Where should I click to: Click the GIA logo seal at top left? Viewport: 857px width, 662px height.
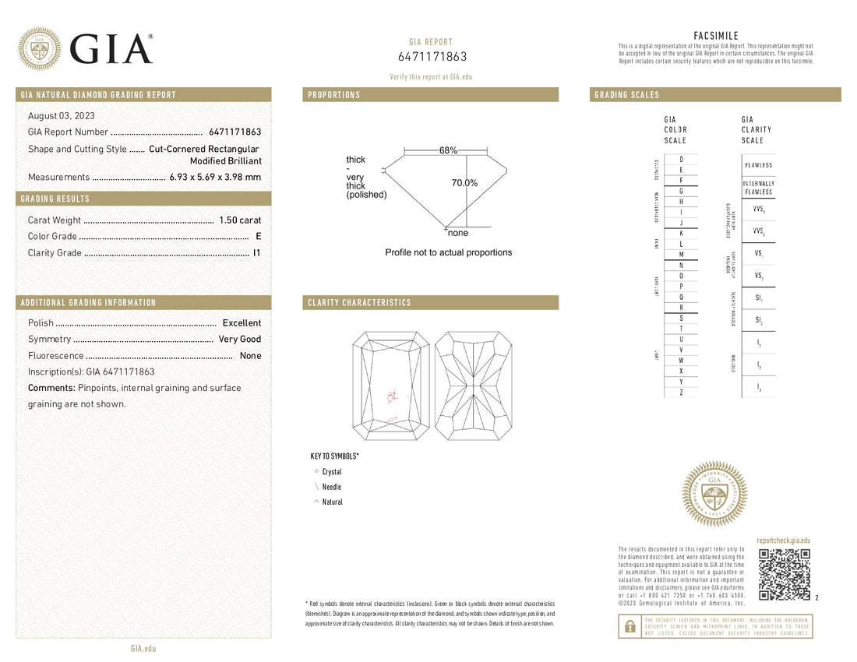point(40,49)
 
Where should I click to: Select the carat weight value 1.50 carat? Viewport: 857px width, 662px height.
point(240,220)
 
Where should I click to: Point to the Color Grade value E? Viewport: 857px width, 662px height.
point(258,237)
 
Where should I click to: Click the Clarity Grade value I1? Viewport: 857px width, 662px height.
point(257,253)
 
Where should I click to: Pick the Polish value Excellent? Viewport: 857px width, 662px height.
point(242,323)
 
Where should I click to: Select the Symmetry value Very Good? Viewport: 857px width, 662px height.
point(240,340)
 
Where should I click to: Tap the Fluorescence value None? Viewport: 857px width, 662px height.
point(251,356)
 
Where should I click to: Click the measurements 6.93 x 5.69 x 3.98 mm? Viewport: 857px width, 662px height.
point(216,178)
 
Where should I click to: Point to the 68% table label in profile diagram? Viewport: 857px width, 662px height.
point(448,150)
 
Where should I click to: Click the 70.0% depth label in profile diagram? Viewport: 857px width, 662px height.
point(464,183)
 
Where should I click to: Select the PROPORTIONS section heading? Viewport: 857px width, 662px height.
point(334,95)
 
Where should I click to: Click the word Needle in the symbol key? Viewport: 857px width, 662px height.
point(332,487)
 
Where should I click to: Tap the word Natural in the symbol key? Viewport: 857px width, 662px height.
point(333,502)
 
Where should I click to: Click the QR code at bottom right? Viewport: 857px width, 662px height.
point(785,575)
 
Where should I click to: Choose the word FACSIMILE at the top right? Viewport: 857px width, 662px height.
point(715,36)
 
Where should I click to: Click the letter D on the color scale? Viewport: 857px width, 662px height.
point(682,159)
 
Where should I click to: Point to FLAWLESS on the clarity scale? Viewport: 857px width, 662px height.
point(758,165)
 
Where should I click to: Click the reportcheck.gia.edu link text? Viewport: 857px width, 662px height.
point(783,540)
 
